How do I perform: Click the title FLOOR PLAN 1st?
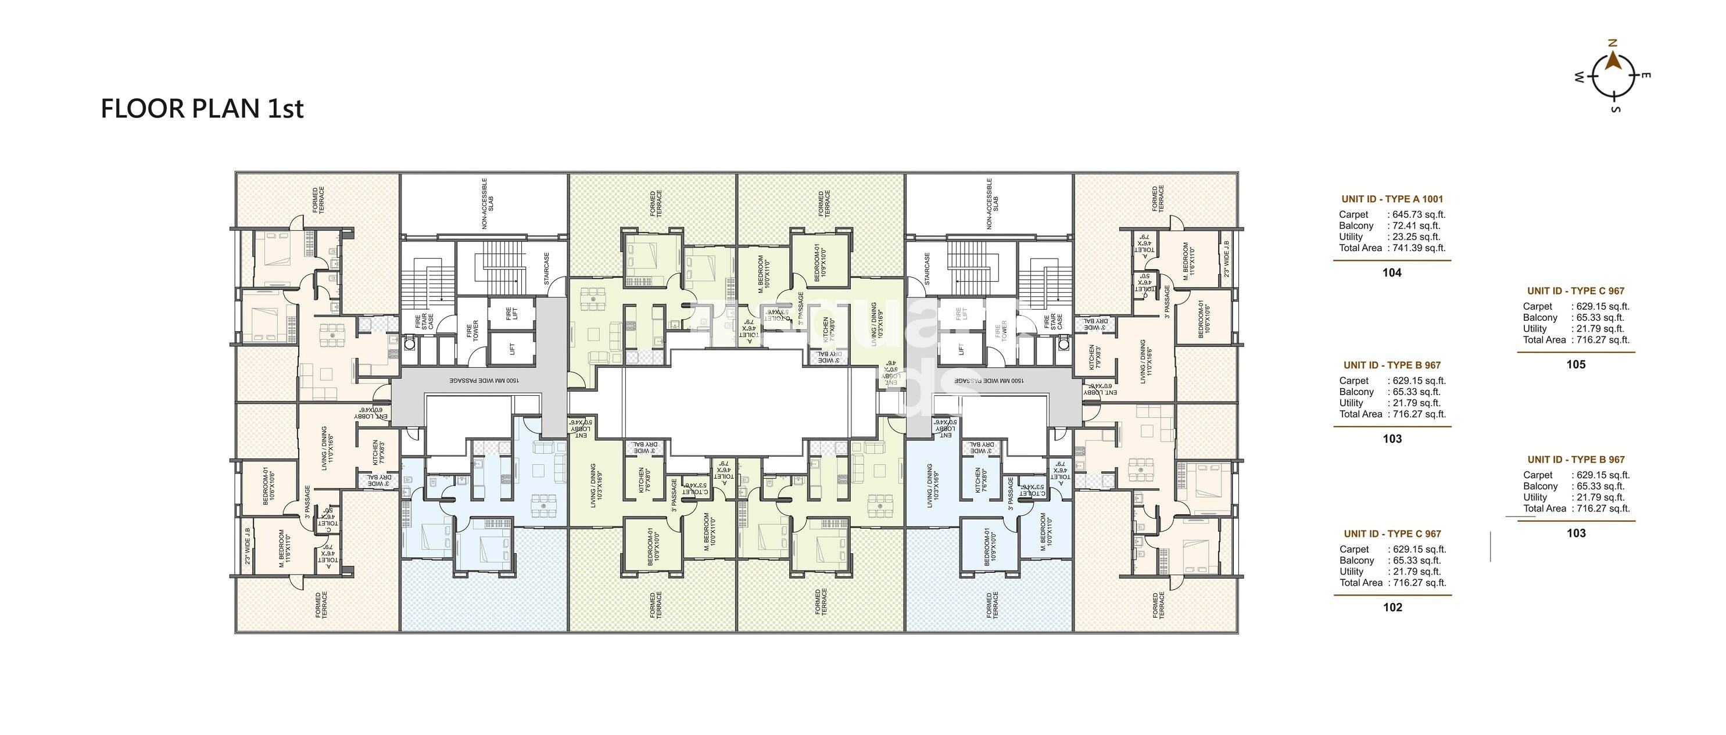pyautogui.click(x=202, y=109)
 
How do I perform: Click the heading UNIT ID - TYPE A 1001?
pyautogui.click(x=1392, y=199)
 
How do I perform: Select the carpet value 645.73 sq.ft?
pyautogui.click(x=1419, y=214)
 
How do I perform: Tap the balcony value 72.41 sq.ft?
pyautogui.click(x=1416, y=226)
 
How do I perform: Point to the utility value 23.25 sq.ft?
pyautogui.click(x=1416, y=236)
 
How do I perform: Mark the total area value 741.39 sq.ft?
pyautogui.click(x=1419, y=248)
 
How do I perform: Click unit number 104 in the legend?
pyautogui.click(x=1392, y=273)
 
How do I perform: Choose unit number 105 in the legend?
pyautogui.click(x=1576, y=364)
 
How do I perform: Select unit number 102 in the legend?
pyautogui.click(x=1392, y=607)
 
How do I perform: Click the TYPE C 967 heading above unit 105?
pyautogui.click(x=1576, y=291)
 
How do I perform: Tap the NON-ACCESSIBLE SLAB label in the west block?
pyautogui.click(x=488, y=205)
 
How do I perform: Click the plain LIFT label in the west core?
pyautogui.click(x=512, y=349)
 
